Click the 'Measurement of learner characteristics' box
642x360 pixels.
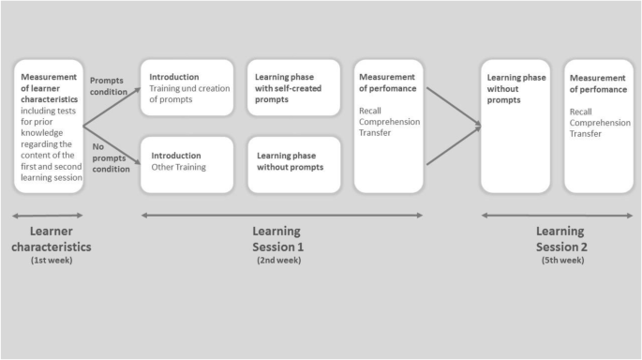pos(49,126)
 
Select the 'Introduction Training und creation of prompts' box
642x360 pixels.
pos(187,87)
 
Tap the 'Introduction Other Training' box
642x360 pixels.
pos(187,164)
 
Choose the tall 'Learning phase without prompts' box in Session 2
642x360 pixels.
pos(515,126)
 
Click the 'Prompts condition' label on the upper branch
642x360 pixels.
pos(106,86)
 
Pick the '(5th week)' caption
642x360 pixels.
pos(560,260)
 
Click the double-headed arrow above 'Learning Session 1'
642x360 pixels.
pos(281,215)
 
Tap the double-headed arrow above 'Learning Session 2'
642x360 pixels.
pos(557,215)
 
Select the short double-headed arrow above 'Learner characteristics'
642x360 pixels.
pos(48,215)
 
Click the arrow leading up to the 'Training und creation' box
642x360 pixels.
pos(112,106)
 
